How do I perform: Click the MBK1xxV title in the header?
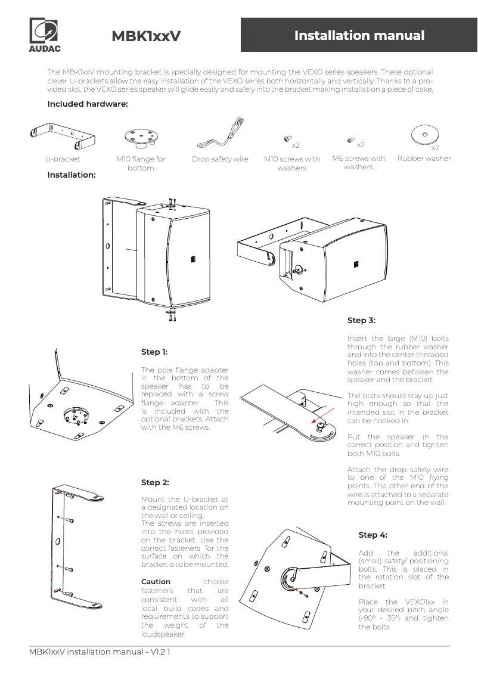146,36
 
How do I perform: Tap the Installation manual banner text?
359,35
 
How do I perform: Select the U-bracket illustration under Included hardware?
62,136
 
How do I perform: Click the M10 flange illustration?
141,137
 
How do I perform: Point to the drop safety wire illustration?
221,137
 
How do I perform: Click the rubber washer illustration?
424,135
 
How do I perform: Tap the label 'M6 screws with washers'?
358,163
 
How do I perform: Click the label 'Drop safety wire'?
220,159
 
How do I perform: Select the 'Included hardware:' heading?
88,104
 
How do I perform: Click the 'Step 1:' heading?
154,352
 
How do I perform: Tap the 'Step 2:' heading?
154,482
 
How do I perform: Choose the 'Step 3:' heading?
361,320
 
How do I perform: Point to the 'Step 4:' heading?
373,535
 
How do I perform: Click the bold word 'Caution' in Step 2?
156,581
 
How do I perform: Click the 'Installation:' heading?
72,175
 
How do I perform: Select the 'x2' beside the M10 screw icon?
295,145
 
